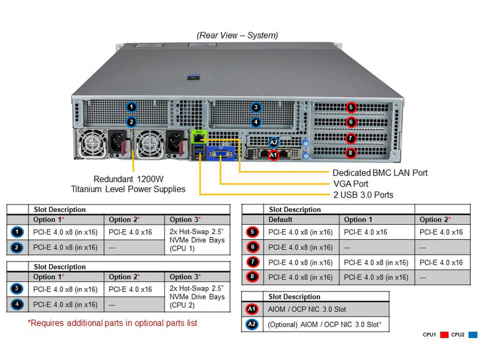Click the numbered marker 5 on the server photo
point(351,107)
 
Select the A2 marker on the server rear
point(273,142)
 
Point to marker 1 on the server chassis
point(131,106)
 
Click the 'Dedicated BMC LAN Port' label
point(380,172)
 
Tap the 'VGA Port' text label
point(350,183)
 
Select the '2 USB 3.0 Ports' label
point(363,194)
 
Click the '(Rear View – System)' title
point(237,35)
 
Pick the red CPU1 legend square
point(443,334)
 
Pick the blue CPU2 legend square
point(472,334)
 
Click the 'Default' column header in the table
point(280,219)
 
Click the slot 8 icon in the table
point(252,277)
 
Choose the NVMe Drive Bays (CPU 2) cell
point(197,297)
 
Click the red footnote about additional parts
point(112,323)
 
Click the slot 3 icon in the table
point(16,289)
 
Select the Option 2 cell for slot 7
point(441,262)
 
